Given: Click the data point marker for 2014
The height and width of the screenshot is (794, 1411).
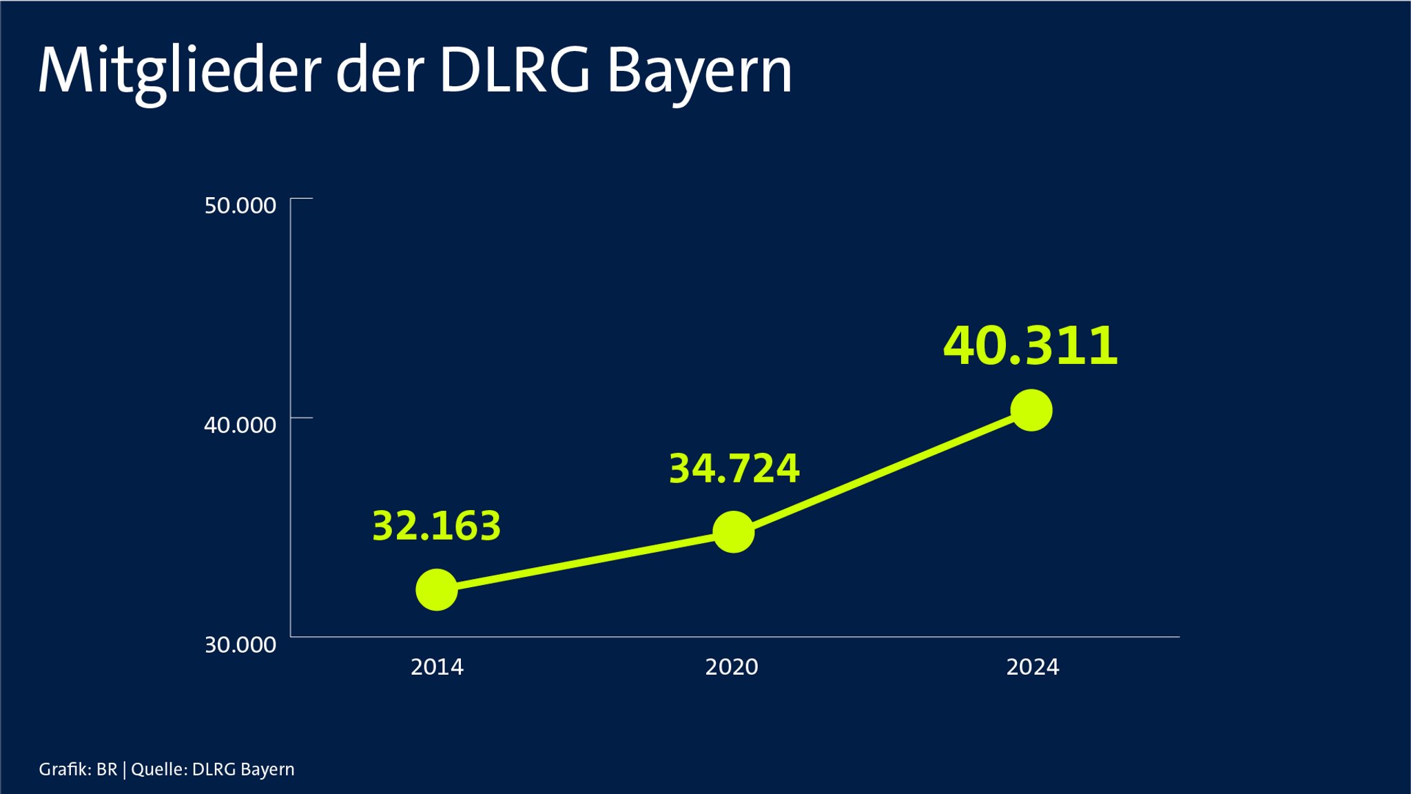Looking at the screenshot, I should click(x=437, y=590).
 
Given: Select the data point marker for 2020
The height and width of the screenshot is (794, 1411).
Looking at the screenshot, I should click(x=734, y=532).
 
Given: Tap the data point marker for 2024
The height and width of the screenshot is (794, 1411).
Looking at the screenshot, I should click(x=1031, y=410).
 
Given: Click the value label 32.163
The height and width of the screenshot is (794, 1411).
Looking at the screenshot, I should click(x=437, y=527).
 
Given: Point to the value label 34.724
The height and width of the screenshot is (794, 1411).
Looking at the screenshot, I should click(x=734, y=469).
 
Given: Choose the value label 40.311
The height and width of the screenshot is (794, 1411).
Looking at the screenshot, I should click(x=1031, y=345).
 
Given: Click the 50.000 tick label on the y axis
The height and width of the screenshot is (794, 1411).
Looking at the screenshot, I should click(x=240, y=205).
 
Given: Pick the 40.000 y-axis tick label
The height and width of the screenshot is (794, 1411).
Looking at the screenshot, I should click(x=240, y=425).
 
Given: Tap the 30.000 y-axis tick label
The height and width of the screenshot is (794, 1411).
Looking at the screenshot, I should click(x=240, y=644).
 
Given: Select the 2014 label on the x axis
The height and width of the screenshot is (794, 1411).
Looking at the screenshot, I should click(x=437, y=667).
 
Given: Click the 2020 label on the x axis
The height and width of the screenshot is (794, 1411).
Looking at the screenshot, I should click(x=732, y=667).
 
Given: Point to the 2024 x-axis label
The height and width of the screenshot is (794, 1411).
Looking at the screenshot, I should click(x=1032, y=667).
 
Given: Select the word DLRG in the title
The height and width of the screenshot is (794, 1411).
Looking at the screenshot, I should click(x=515, y=71).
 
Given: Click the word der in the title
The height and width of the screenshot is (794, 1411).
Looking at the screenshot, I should click(x=380, y=71).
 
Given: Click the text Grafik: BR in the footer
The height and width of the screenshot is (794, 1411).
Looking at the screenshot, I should click(x=78, y=769).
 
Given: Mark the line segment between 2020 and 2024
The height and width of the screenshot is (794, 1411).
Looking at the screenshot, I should click(x=883, y=471).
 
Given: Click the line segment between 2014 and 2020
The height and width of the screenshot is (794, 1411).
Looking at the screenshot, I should click(x=586, y=561).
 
